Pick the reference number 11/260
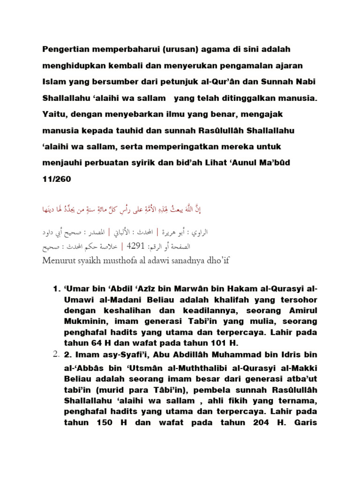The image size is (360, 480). [57, 179]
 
